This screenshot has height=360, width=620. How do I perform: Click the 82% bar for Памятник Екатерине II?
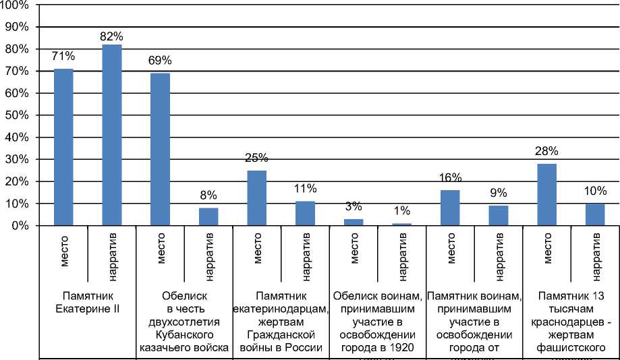click(x=112, y=135)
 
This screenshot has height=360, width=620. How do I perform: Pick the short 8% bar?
click(x=208, y=216)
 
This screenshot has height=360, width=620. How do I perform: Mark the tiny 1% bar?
click(x=401, y=224)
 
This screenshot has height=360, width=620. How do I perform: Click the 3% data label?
click(x=354, y=206)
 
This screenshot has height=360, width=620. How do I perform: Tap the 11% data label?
click(x=305, y=189)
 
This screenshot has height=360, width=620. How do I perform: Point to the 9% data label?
click(x=499, y=193)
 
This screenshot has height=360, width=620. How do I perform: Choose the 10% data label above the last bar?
click(x=595, y=191)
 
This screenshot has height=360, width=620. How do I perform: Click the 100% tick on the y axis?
click(x=16, y=5)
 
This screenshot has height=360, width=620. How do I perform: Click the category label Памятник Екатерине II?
click(x=88, y=302)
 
